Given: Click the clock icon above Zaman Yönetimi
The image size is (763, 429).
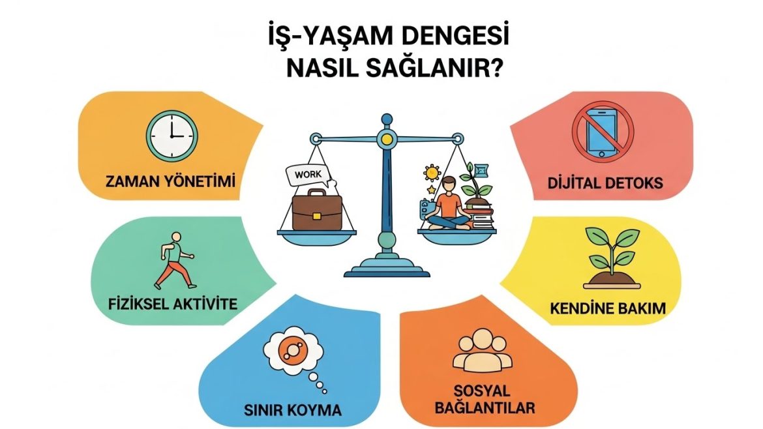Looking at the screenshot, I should tap(171, 136).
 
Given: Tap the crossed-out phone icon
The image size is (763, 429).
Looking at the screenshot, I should tap(602, 132).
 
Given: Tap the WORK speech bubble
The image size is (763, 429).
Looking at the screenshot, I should tap(308, 175).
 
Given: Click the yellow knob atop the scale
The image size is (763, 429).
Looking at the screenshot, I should tap(388, 138).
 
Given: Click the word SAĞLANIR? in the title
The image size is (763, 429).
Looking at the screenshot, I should tap(441, 68).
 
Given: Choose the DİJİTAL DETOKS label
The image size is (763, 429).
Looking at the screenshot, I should tap(605, 183).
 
